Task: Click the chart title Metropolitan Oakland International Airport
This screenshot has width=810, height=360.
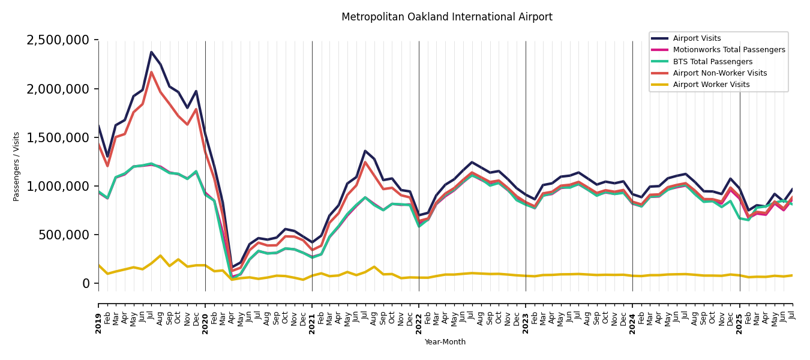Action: (446, 17)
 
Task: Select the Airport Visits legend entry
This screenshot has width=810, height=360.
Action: (697, 38)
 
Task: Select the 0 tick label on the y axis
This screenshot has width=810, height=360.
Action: (85, 283)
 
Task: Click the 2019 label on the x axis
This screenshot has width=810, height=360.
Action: (98, 316)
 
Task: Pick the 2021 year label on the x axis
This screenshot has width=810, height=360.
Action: (312, 316)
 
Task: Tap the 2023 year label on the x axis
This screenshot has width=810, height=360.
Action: (526, 316)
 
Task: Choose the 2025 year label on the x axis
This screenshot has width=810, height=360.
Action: (739, 316)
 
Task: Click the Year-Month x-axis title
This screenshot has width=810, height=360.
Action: (445, 342)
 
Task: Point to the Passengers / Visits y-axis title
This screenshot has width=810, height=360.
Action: (17, 166)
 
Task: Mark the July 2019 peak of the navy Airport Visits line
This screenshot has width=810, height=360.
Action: (151, 52)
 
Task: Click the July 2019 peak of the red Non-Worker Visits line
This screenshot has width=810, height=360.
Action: (151, 73)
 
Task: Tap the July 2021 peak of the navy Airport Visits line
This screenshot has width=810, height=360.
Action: (365, 151)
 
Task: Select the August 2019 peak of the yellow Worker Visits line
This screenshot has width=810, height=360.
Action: (160, 256)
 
